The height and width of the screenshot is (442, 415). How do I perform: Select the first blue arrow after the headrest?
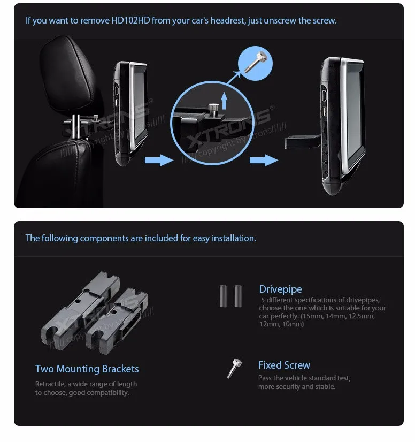(x=158, y=159)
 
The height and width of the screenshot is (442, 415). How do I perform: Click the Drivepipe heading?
(x=280, y=289)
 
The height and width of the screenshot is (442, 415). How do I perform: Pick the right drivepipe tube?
(x=237, y=296)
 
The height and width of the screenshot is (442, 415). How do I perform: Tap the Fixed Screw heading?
(x=284, y=365)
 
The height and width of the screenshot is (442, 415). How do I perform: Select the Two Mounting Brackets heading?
(x=87, y=369)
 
